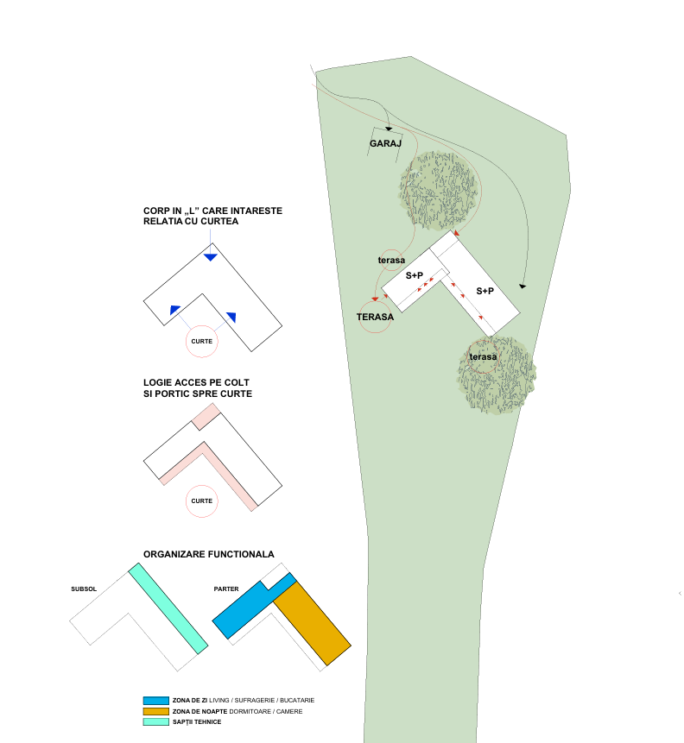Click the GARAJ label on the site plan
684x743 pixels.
tap(386, 144)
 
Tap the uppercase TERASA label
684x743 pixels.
tap(375, 317)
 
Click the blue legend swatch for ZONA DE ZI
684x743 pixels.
tap(155, 700)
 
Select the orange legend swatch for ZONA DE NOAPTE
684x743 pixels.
tap(155, 711)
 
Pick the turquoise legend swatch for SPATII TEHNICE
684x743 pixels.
tap(155, 721)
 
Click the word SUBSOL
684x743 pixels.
tap(84, 589)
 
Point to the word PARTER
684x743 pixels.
tap(226, 589)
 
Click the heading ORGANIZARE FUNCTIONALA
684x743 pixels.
tap(209, 554)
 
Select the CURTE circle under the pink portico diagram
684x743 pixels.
tap(202, 501)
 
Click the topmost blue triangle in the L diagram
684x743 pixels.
tap(211, 257)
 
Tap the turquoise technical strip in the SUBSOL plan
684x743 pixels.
tap(169, 609)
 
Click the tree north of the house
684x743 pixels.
tap(438, 187)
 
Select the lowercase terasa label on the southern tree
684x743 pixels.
tap(484, 356)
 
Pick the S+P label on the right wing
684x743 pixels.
tap(485, 292)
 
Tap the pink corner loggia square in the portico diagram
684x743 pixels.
tap(204, 415)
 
